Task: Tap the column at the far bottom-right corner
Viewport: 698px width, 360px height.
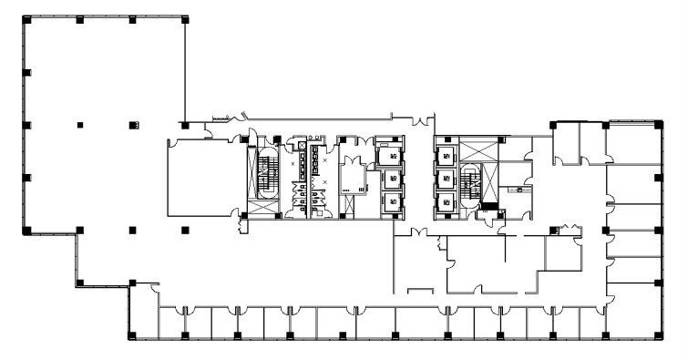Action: click(658, 335)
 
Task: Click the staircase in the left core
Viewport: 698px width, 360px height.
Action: click(266, 176)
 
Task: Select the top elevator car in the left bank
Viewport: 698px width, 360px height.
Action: click(392, 155)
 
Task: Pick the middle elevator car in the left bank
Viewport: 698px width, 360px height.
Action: click(392, 178)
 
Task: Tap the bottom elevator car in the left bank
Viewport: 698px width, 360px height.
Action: click(392, 201)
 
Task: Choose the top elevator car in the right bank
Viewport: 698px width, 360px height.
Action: click(446, 155)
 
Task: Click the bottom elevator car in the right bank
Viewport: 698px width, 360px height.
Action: click(446, 201)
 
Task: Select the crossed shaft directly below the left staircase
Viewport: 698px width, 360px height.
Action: click(264, 208)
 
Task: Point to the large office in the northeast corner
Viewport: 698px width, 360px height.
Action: click(632, 144)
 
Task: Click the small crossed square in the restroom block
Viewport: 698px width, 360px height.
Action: click(303, 145)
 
